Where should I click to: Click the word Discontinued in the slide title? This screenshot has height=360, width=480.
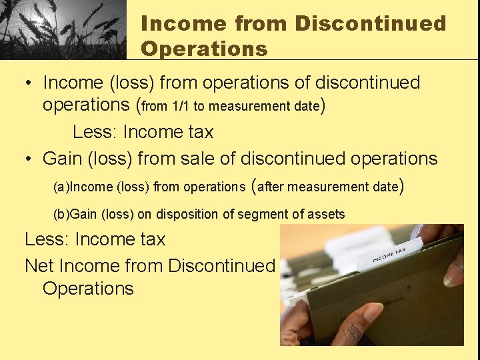pyautogui.click(x=371, y=24)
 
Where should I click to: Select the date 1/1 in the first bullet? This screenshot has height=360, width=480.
pyautogui.click(x=180, y=107)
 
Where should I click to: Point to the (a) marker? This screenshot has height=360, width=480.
pyautogui.click(x=61, y=187)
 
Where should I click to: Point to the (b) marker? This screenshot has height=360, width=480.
pyautogui.click(x=61, y=215)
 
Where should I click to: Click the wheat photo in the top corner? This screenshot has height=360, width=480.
pyautogui.click(x=63, y=29)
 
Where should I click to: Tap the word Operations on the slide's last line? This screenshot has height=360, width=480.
pyautogui.click(x=88, y=289)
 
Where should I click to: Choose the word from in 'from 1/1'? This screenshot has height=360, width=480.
pyautogui.click(x=155, y=107)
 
